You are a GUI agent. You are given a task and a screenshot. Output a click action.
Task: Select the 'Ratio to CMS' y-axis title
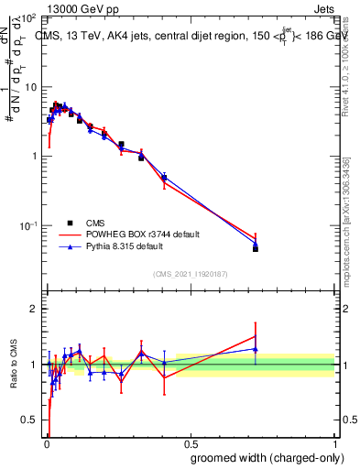(x=13, y=365)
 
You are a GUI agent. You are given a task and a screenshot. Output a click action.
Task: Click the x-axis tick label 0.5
(x=189, y=441)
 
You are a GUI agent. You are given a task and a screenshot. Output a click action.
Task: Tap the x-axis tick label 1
(x=333, y=441)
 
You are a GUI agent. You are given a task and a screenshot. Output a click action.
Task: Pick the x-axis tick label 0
(x=46, y=441)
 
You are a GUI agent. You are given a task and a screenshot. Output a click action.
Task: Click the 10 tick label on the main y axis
(x=32, y=87)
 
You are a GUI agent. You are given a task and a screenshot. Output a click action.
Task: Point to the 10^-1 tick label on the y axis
(x=30, y=225)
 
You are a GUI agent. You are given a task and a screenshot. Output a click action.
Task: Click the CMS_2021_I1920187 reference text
(x=190, y=274)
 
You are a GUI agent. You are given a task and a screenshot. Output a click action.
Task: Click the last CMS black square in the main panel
(x=256, y=248)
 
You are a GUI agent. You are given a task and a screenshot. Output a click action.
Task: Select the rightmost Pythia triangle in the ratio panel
(x=256, y=349)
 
